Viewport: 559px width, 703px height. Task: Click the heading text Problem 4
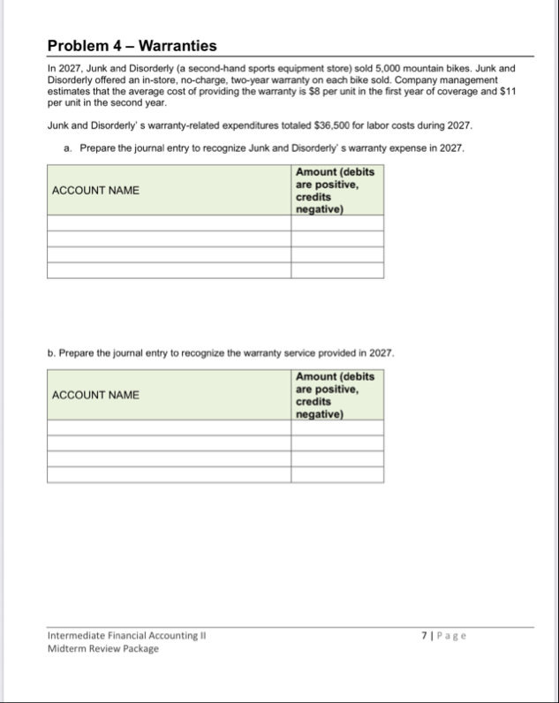(x=85, y=46)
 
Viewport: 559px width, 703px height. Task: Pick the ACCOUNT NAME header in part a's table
(x=95, y=191)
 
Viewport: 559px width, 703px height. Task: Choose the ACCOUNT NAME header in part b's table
(x=95, y=395)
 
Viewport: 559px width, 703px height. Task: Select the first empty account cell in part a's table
(x=169, y=223)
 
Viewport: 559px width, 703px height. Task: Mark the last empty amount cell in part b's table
(x=337, y=474)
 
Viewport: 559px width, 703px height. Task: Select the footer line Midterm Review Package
(x=103, y=648)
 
